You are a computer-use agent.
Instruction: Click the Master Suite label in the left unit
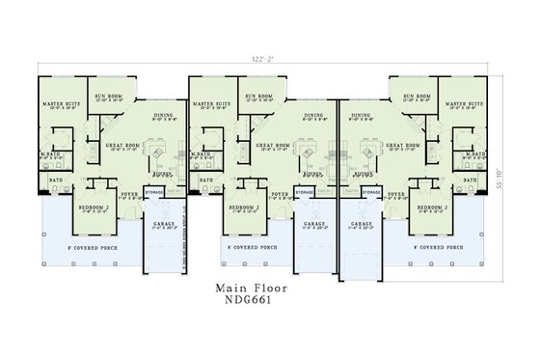point(57,102)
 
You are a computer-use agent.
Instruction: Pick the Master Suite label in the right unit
point(461,102)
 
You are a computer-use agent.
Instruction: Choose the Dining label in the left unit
point(162,115)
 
